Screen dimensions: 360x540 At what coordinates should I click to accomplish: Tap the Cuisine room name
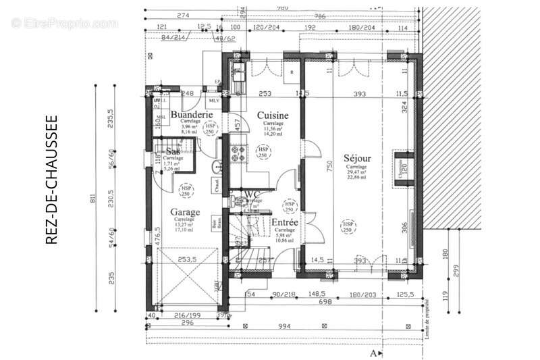pos(273,115)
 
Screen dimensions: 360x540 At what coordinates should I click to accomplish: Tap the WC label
pos(252,194)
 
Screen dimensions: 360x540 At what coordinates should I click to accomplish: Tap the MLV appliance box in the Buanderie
pos(214,101)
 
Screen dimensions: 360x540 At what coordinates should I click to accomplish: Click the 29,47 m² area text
pos(356,173)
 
